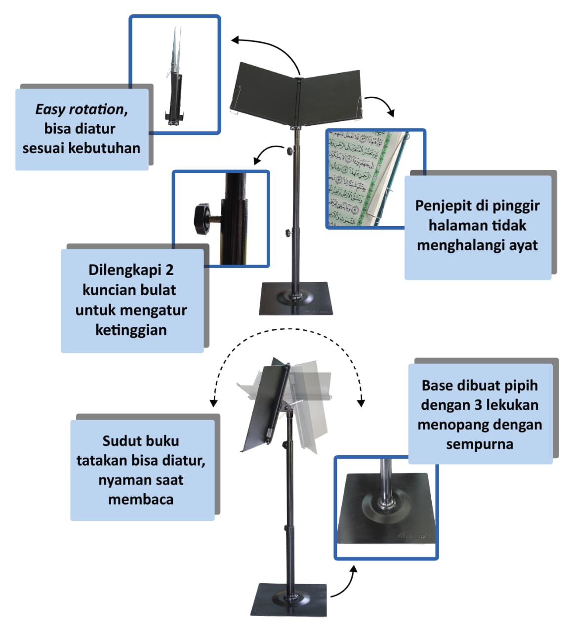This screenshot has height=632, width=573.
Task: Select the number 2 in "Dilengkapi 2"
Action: pos(169,270)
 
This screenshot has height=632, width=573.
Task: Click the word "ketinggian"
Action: pos(131,329)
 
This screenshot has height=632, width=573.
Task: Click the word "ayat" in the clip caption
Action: pos(523,245)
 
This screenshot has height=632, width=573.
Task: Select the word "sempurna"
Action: pos(480,444)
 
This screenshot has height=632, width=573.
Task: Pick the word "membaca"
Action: pos(141,499)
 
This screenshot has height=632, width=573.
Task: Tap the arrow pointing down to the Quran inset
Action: pos(380,104)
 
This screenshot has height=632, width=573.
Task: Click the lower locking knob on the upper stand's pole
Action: pos(287,232)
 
